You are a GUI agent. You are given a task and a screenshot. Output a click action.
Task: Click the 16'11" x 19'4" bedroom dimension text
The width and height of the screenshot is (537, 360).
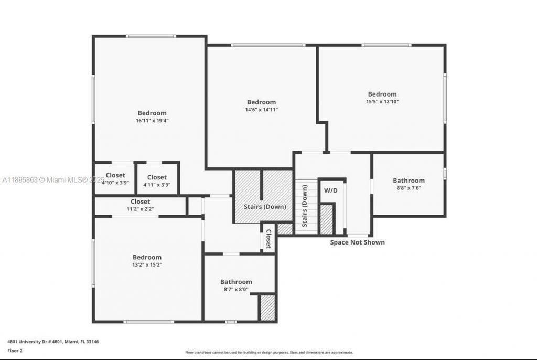click(152, 120)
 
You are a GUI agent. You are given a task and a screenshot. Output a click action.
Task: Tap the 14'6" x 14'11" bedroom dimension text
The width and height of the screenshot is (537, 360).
click(261, 110)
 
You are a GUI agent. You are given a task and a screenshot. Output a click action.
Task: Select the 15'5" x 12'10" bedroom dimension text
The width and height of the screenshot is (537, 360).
click(382, 102)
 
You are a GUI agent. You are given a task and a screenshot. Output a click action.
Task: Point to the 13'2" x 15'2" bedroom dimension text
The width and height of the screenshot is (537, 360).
click(147, 265)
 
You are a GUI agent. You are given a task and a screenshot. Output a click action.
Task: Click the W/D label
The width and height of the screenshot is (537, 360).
click(330, 190)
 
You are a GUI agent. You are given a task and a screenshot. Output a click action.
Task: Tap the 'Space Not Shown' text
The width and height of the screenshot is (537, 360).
click(357, 242)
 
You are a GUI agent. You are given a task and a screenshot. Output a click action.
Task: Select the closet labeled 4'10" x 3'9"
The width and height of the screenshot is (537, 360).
click(115, 179)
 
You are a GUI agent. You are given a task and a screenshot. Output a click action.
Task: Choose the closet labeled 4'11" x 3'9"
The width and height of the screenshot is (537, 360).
click(157, 181)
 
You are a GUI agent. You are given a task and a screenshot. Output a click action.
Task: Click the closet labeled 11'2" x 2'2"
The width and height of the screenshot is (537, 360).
click(140, 205)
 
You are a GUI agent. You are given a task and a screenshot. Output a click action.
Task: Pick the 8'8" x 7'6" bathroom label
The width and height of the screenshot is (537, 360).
click(409, 184)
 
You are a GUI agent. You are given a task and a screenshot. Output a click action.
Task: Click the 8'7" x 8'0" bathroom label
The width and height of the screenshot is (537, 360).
click(236, 285)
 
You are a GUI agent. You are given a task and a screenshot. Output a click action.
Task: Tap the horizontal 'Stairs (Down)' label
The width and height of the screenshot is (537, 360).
click(265, 207)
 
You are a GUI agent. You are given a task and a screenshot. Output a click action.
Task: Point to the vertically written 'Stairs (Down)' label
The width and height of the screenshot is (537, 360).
click(305, 206)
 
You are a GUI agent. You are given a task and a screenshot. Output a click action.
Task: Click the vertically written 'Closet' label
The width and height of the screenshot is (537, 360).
click(268, 239)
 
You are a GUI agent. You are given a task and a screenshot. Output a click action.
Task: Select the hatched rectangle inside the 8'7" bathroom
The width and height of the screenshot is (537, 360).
click(267, 308)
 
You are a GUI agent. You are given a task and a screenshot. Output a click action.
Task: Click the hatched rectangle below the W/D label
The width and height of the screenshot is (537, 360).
click(326, 220)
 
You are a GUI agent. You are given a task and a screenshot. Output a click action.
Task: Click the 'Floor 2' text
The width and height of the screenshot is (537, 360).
click(15, 350)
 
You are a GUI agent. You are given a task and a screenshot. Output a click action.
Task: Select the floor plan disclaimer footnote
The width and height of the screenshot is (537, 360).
click(269, 353)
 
